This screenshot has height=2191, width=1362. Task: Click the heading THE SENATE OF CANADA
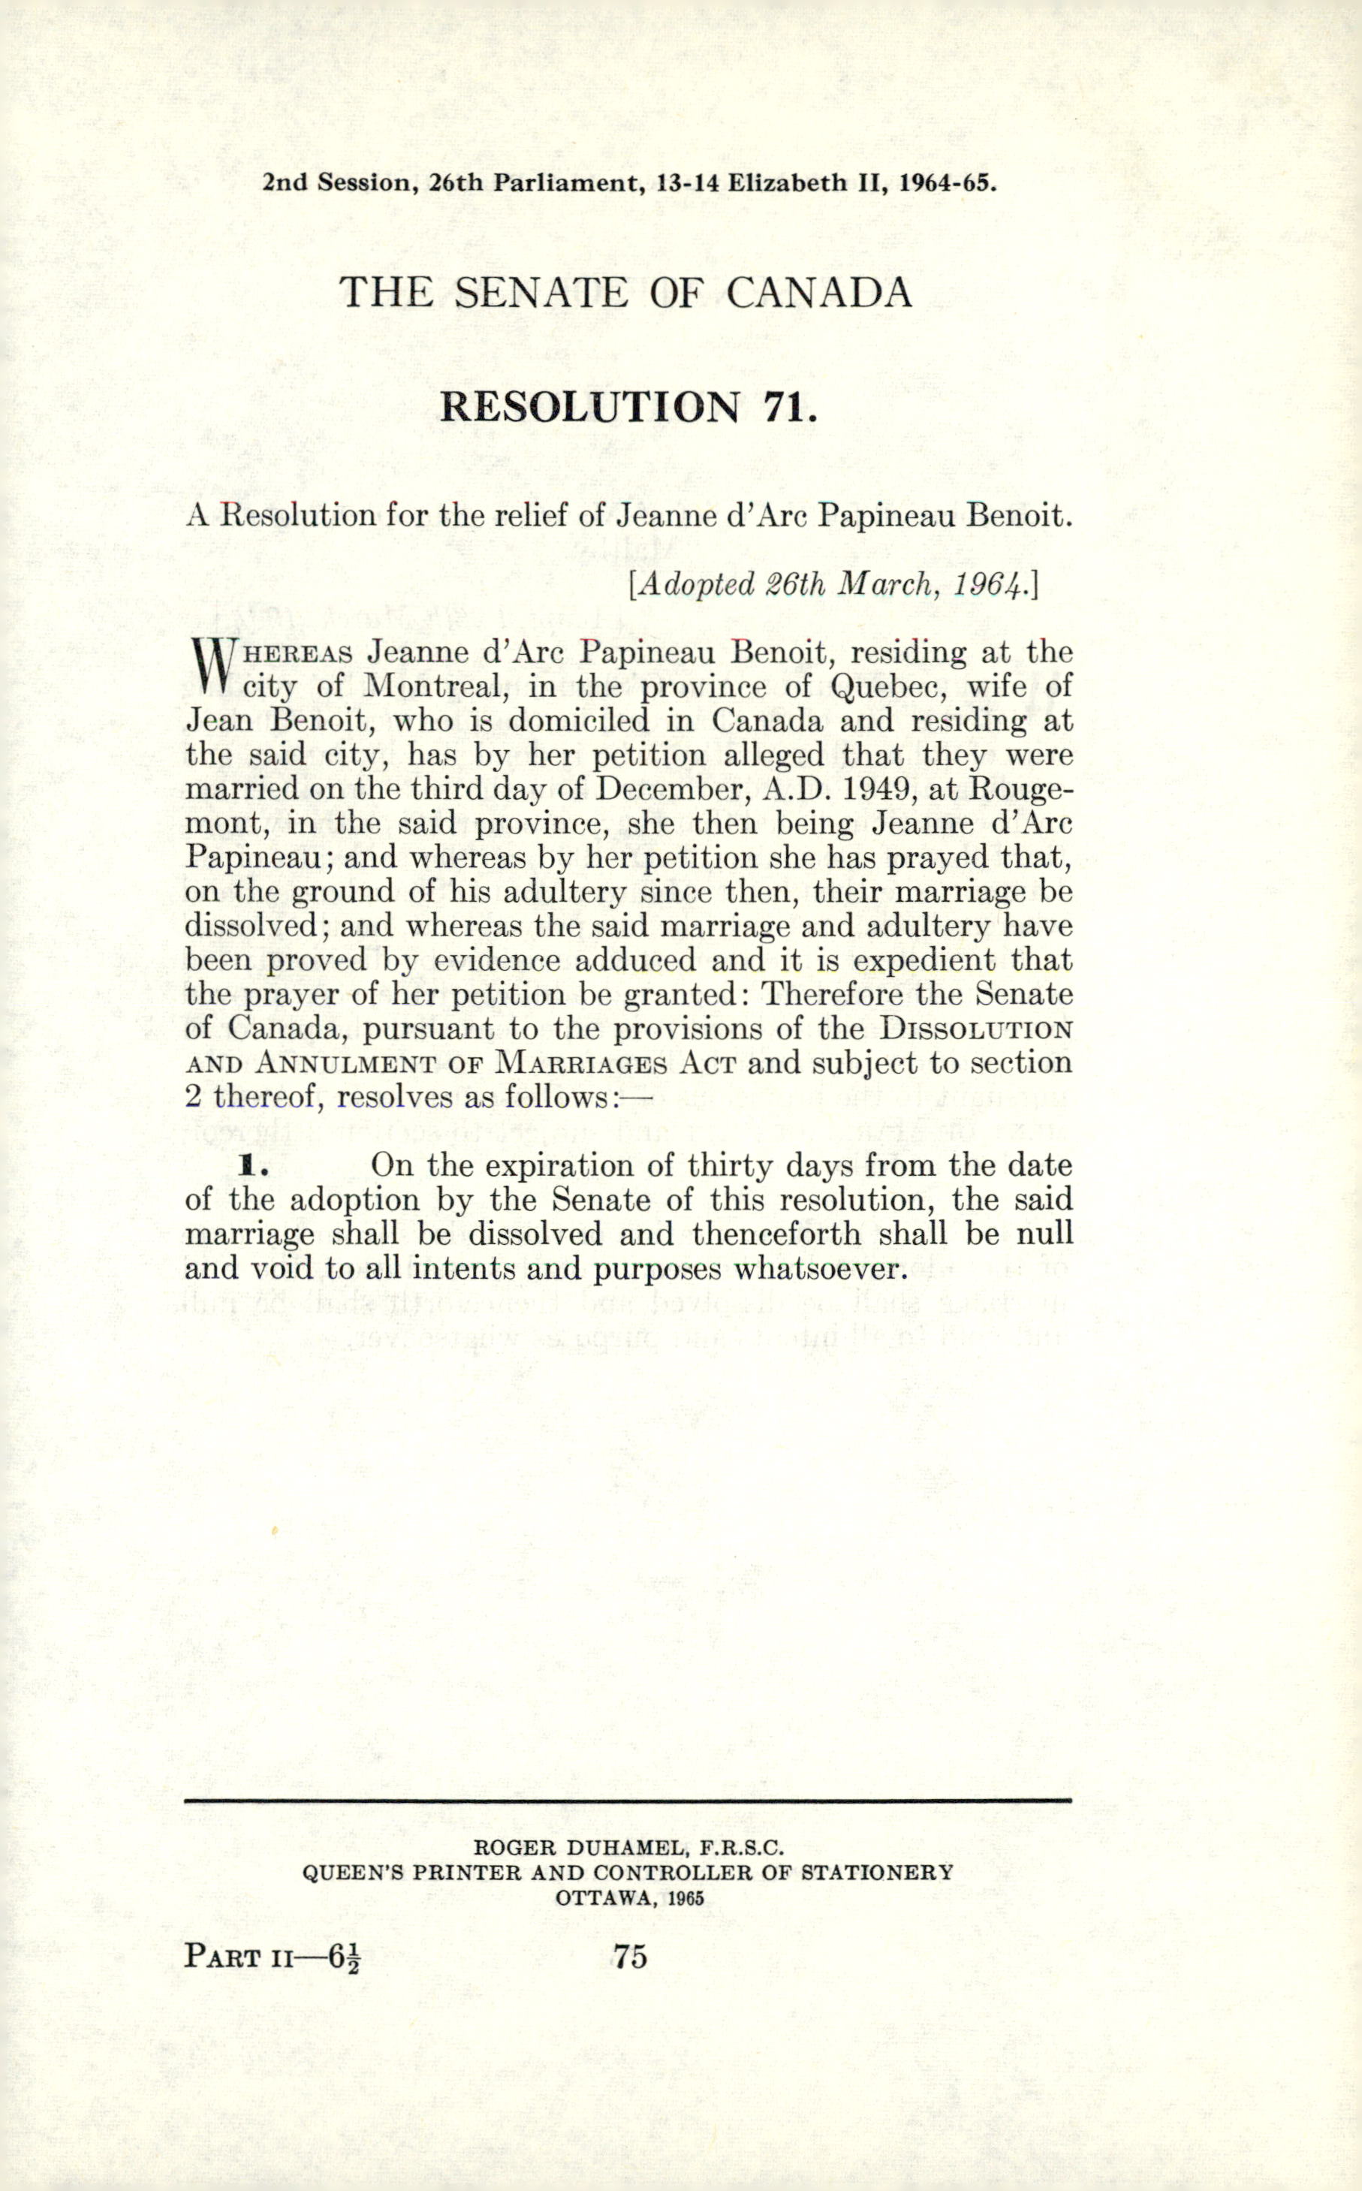point(625,293)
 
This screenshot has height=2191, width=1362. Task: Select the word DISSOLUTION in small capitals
point(975,1029)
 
